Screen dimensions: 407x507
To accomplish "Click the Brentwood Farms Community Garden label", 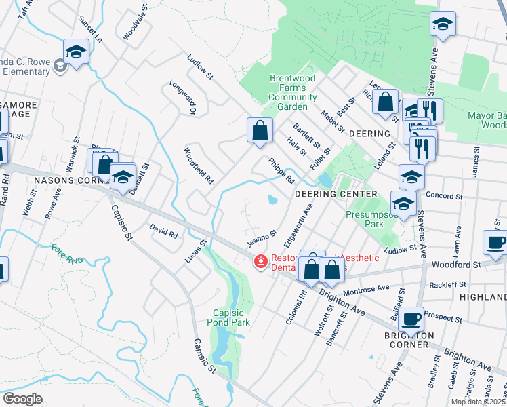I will tap(293, 93).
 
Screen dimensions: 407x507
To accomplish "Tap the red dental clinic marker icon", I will tap(259, 262).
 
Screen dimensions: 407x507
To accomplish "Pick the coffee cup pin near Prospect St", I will tap(411, 318).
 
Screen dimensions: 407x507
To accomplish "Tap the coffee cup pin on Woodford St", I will tap(495, 241).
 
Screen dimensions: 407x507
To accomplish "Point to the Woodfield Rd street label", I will tap(199, 166).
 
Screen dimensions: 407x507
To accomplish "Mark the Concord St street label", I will tap(444, 196).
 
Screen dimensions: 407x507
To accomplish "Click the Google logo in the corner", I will tap(22, 399).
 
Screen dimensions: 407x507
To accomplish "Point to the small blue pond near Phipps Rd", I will tap(272, 200).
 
